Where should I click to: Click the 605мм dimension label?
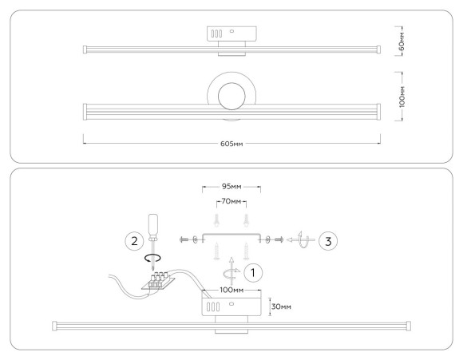231,144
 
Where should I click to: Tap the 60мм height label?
402,41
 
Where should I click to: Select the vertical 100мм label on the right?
402,97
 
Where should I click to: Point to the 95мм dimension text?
231,187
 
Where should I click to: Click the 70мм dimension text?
231,201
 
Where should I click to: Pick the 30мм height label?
281,307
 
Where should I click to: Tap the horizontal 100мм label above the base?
231,290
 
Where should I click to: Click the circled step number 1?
253,272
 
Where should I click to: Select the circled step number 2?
134,241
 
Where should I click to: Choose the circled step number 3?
328,241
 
